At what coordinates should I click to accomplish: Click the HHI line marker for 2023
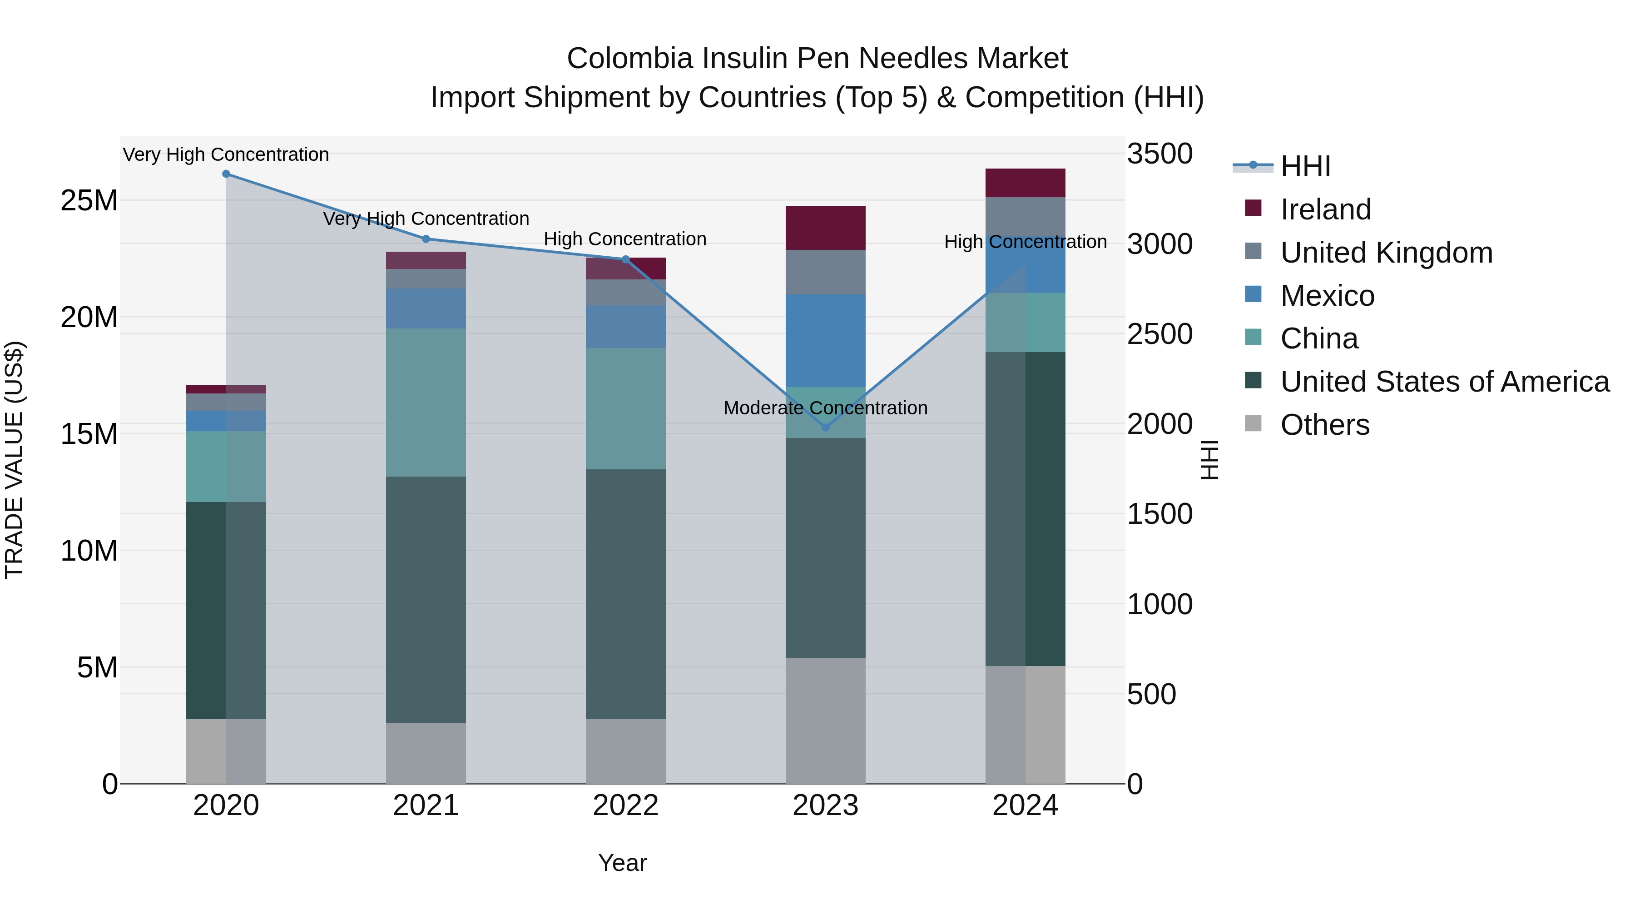tap(825, 428)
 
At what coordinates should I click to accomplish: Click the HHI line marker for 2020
tap(226, 174)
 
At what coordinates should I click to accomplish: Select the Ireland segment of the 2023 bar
tap(825, 228)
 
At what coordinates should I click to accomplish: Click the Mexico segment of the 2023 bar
tap(825, 340)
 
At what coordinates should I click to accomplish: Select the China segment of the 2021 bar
tap(426, 403)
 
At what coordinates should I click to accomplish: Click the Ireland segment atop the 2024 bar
tap(1025, 183)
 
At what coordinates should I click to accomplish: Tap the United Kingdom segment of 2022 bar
tap(625, 293)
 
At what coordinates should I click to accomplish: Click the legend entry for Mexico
tap(1327, 296)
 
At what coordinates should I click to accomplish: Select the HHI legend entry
tap(1304, 166)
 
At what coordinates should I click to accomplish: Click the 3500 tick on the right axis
tap(1159, 154)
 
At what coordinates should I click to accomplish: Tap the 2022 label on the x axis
tap(625, 806)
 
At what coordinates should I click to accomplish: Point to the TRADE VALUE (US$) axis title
tap(14, 460)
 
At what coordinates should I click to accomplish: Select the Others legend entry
tap(1325, 425)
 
